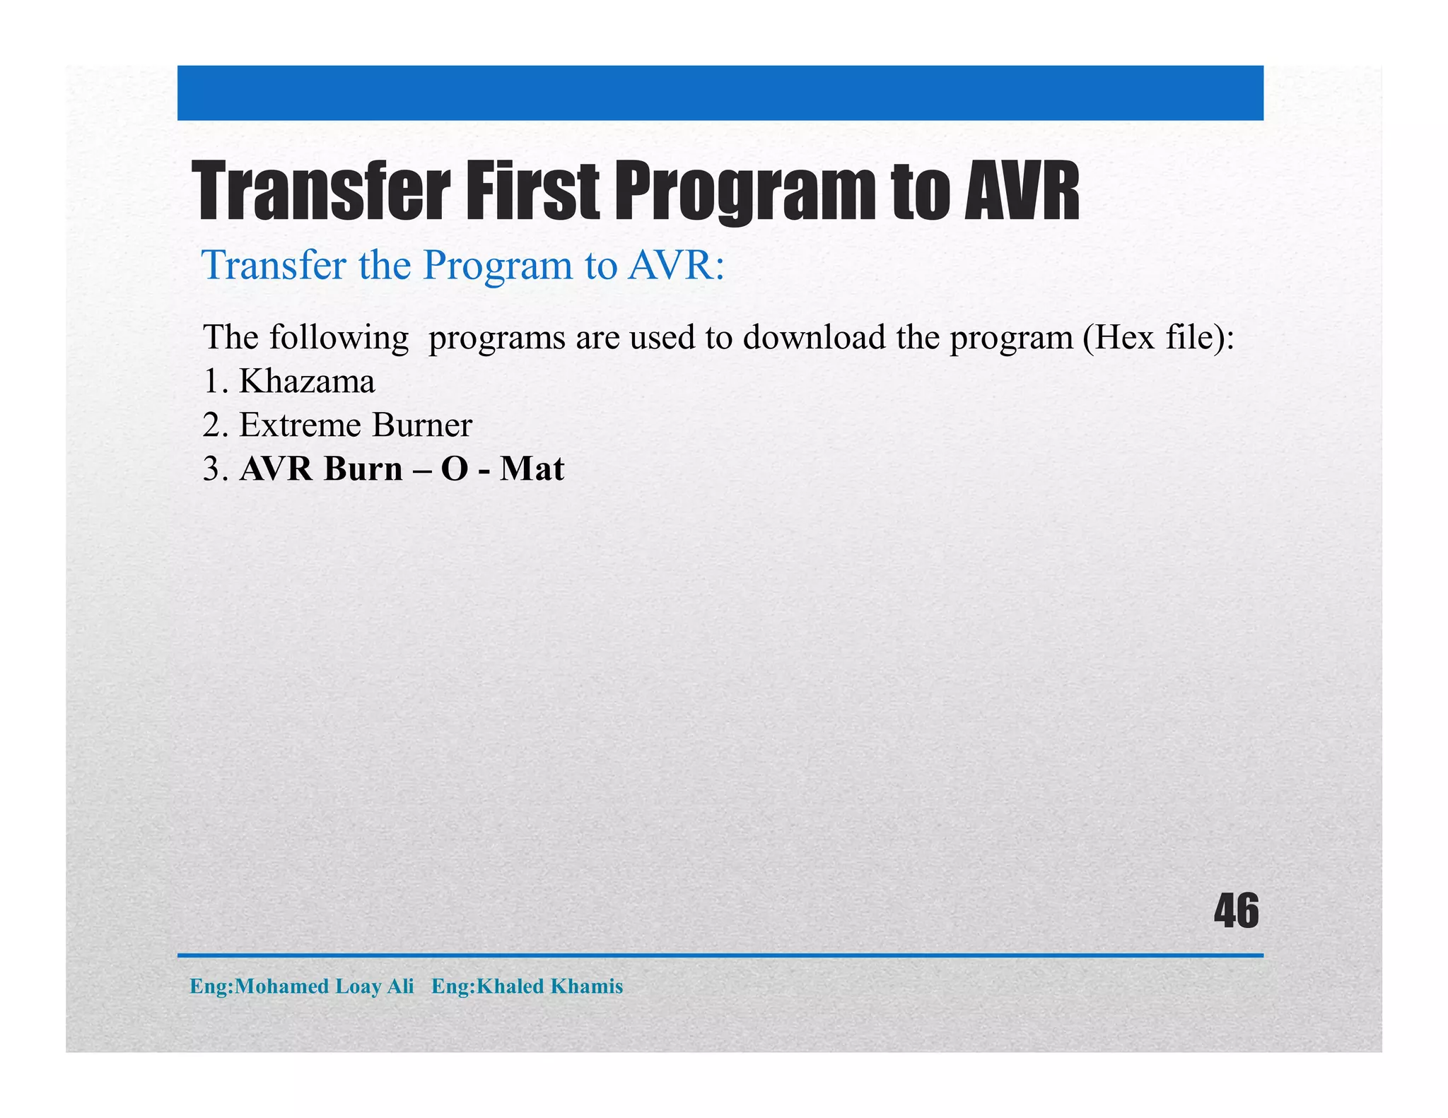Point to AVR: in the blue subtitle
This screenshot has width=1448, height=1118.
coord(676,266)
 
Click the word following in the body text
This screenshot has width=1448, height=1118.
coord(339,339)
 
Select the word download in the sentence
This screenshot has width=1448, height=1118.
coord(814,337)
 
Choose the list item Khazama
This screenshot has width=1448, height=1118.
coord(307,382)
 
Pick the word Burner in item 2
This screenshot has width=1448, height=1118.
coord(422,425)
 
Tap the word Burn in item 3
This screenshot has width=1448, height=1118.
coord(363,469)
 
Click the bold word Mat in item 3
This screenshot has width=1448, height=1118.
coord(532,469)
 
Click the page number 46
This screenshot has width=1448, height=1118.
coord(1236,912)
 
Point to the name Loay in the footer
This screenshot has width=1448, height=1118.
coord(358,987)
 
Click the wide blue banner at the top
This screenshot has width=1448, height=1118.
coord(720,93)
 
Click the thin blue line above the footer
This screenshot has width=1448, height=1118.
coord(720,955)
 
